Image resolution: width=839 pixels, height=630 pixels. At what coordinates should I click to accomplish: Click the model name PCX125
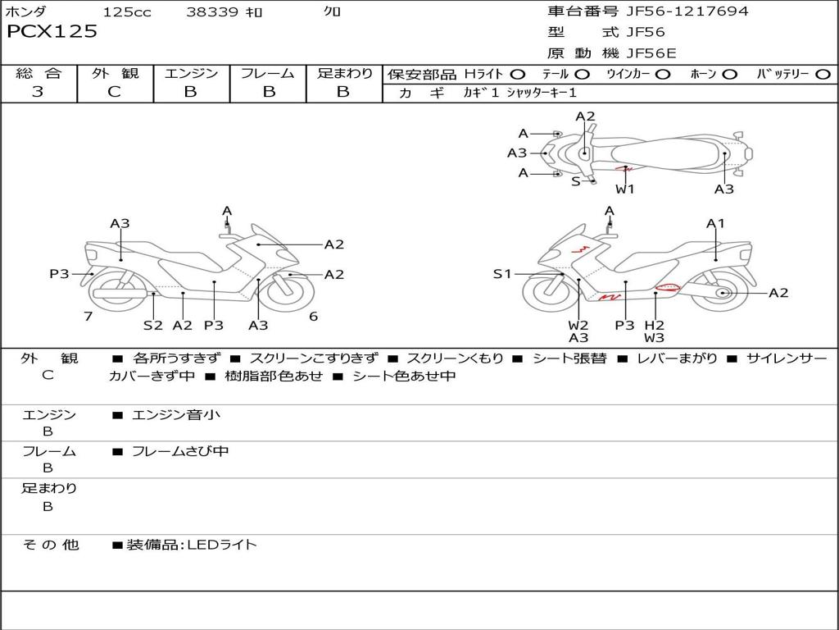tap(52, 32)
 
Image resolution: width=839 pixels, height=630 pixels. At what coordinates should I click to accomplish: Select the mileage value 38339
tap(212, 12)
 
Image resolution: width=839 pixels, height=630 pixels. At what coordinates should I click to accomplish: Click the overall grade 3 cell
tap(38, 92)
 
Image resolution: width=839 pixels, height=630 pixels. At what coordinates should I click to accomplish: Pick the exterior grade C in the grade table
tap(115, 92)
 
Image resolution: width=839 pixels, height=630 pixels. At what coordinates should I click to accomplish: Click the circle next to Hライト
tap(518, 75)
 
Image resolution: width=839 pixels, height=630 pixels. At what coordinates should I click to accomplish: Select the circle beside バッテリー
tap(823, 75)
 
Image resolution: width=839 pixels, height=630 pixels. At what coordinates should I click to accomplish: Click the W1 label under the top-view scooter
tap(625, 189)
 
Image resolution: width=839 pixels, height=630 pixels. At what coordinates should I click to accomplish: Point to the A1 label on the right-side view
tap(716, 223)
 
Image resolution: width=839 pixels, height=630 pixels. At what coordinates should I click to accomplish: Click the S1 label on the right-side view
tap(502, 274)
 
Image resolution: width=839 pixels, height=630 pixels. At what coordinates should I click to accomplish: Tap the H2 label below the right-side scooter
tap(654, 325)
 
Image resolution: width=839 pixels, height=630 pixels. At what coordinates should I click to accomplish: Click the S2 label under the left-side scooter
tap(153, 325)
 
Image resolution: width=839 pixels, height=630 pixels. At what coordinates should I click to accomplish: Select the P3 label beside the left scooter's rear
tap(59, 274)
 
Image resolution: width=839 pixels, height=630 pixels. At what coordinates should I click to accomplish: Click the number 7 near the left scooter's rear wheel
tap(88, 317)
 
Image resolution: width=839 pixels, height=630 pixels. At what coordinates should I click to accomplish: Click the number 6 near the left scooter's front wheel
tap(313, 317)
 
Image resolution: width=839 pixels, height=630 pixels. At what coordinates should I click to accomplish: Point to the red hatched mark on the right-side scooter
tap(668, 288)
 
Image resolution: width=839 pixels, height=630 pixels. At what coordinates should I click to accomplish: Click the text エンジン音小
tap(176, 415)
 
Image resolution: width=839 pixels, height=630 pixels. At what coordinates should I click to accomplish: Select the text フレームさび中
tap(180, 451)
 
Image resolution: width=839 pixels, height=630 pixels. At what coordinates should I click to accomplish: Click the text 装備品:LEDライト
tap(192, 544)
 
